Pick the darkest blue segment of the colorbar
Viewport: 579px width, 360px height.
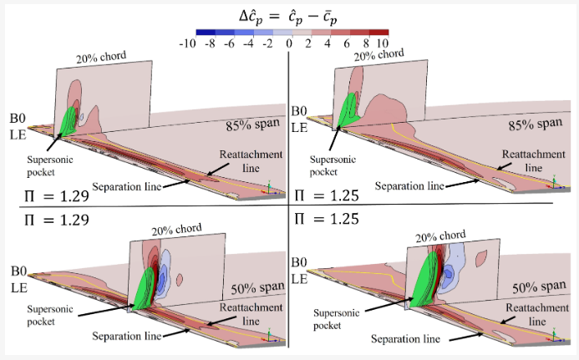[196, 33]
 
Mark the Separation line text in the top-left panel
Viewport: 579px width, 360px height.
[123, 185]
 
